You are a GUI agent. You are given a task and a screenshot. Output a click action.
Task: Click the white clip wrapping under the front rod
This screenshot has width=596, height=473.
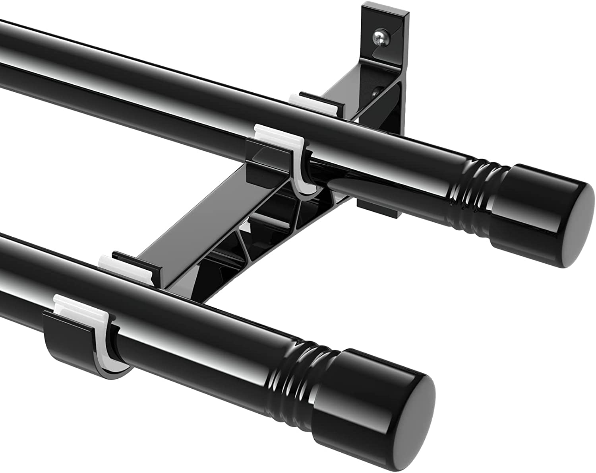click(104, 352)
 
